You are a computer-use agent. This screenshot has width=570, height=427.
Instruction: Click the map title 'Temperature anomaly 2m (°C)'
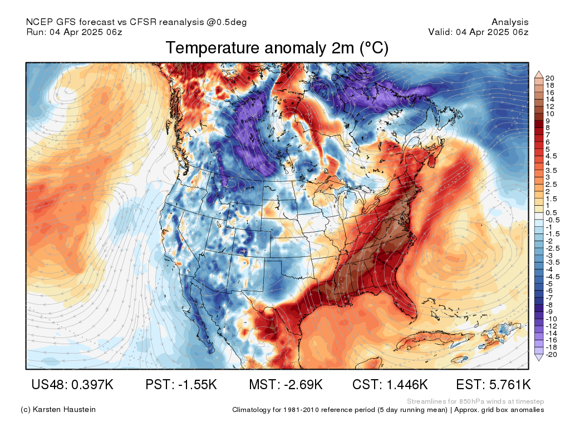(x=277, y=48)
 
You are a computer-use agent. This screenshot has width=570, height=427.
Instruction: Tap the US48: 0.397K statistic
(x=72, y=384)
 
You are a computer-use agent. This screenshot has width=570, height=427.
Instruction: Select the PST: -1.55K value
(x=181, y=384)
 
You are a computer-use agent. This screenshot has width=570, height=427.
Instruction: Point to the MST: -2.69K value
(x=286, y=384)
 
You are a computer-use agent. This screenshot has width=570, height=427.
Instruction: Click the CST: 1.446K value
(x=390, y=384)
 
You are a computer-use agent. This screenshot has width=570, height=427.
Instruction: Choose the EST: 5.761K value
(x=493, y=384)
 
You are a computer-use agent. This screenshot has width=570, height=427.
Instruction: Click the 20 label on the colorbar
(x=549, y=78)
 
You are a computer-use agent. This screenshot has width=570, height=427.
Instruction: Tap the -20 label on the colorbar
(x=551, y=354)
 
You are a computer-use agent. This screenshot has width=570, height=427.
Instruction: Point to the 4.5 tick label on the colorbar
(x=551, y=156)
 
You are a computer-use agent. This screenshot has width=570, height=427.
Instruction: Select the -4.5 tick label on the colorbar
(x=553, y=277)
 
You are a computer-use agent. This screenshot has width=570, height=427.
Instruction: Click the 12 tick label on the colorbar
(x=549, y=106)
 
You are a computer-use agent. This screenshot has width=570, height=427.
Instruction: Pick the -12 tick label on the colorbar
(x=551, y=326)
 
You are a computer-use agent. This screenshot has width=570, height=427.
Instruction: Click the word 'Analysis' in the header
(x=510, y=22)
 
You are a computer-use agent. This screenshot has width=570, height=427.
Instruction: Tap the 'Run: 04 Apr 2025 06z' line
(x=74, y=32)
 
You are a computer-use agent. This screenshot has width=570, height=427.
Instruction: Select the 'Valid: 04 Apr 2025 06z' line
(x=478, y=32)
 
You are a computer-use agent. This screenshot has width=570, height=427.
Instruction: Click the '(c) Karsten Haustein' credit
(x=58, y=409)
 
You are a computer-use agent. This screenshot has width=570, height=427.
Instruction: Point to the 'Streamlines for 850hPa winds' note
(x=475, y=401)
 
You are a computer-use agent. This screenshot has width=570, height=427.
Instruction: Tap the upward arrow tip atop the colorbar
(x=539, y=72)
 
